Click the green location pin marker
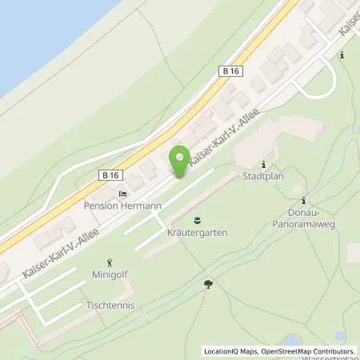(181, 162)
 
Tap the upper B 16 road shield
(230, 71)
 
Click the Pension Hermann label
(122, 206)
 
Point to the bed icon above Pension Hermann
(122, 194)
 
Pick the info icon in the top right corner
(342, 55)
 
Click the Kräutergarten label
(197, 232)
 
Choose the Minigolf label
(110, 274)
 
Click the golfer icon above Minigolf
(110, 262)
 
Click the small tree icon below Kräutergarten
(208, 283)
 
